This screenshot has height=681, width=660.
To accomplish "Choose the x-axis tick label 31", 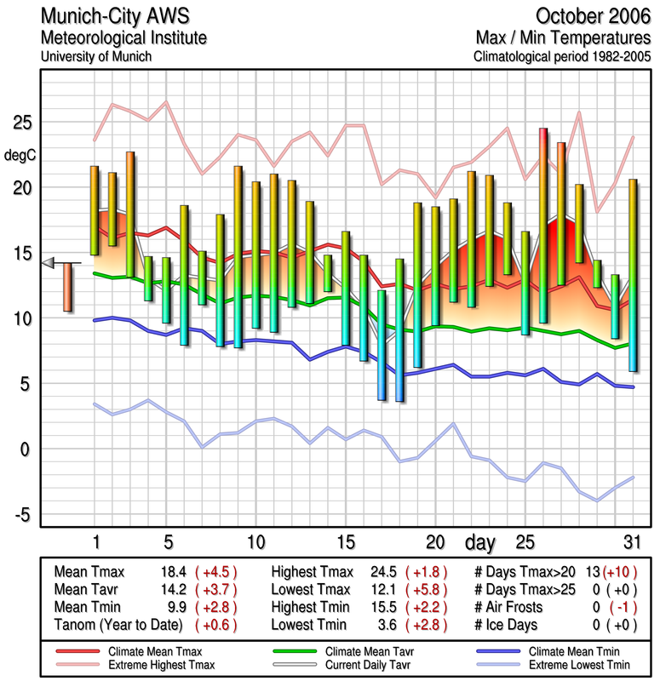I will [631, 541].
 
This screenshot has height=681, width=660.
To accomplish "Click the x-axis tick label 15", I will [345, 541].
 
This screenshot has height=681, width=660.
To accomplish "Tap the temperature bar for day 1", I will [95, 210].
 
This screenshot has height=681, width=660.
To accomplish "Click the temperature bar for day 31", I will [632, 275].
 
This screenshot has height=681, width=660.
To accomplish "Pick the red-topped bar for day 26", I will [542, 226].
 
